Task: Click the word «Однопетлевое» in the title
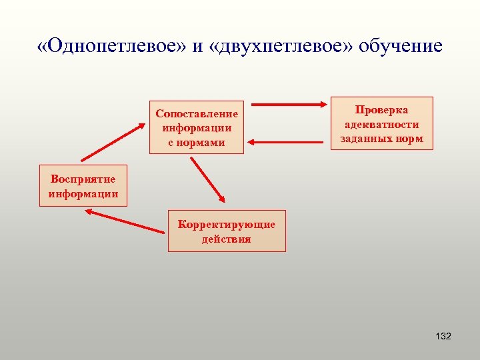[110, 46]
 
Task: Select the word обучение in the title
[400, 46]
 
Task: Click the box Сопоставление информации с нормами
[197, 128]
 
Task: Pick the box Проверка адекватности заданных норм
[382, 123]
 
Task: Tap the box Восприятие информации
[83, 186]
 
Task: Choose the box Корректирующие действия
[227, 231]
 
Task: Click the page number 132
[443, 336]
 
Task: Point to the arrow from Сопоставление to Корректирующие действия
[208, 180]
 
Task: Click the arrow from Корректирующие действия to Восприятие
[125, 221]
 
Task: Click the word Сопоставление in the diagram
[197, 113]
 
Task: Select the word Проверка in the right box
[382, 109]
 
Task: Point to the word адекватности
[382, 124]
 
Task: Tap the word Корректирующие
[227, 224]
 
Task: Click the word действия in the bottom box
[227, 239]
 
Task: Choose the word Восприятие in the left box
[83, 179]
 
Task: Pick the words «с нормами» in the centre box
[197, 142]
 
